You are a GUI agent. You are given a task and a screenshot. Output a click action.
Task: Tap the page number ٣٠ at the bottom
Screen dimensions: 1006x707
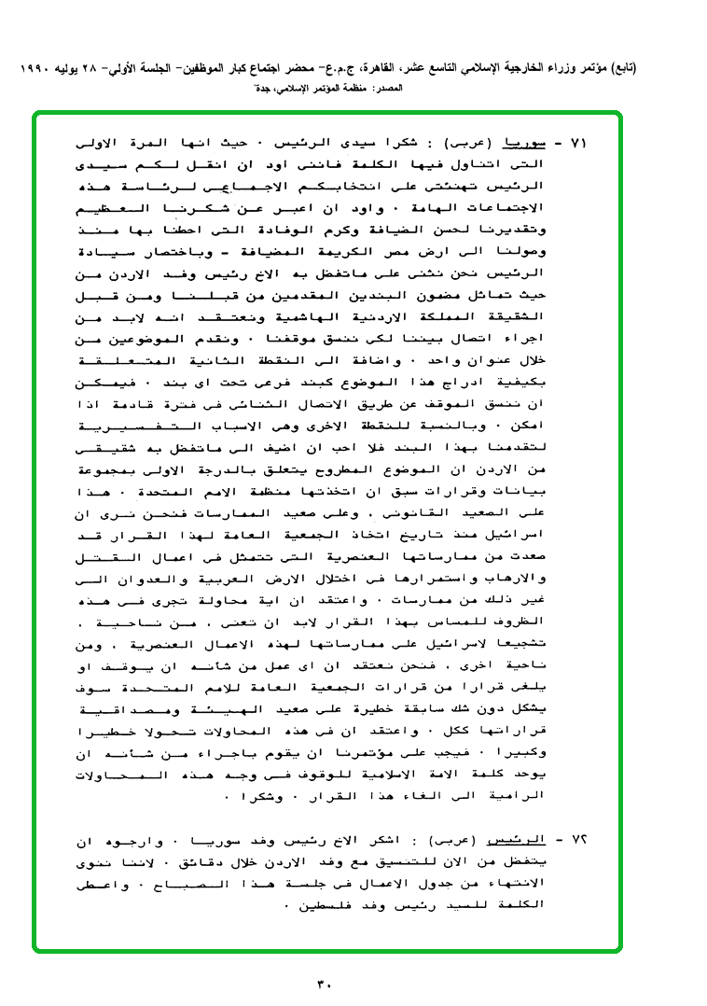click(x=325, y=983)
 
